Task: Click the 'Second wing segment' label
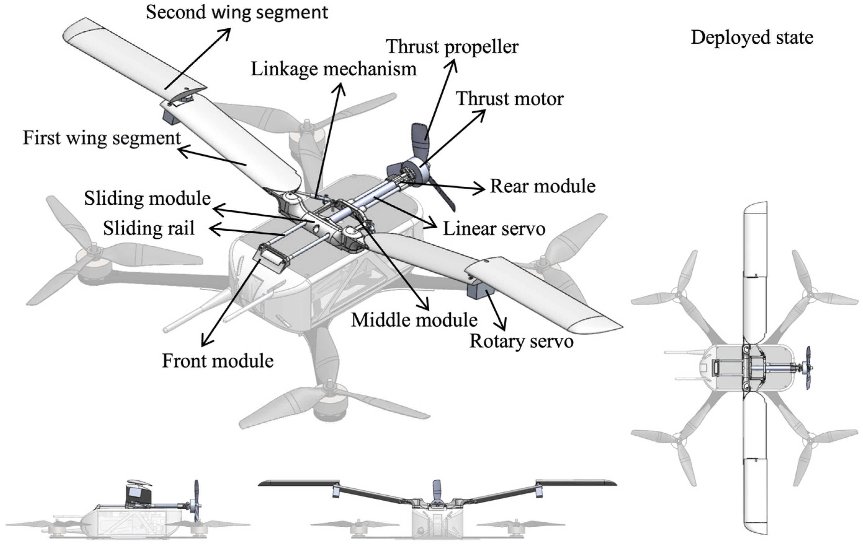[x=237, y=12]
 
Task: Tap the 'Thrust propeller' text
[x=452, y=47]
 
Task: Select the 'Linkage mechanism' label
[x=333, y=69]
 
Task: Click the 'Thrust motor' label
[x=509, y=99]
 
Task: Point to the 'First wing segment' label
[x=102, y=138]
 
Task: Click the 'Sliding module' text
[x=147, y=198]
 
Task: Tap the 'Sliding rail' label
[x=149, y=228]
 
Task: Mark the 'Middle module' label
[x=414, y=320]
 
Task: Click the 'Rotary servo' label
[x=521, y=341]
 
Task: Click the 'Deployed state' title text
[x=752, y=38]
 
